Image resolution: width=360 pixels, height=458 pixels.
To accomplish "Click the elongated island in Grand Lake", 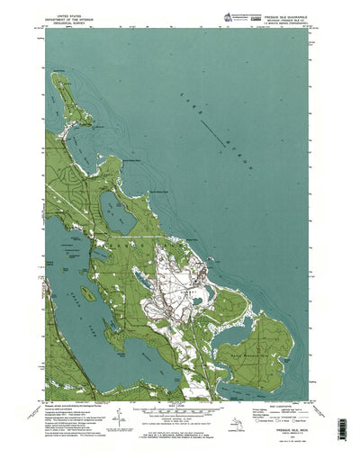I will click(x=87, y=293).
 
